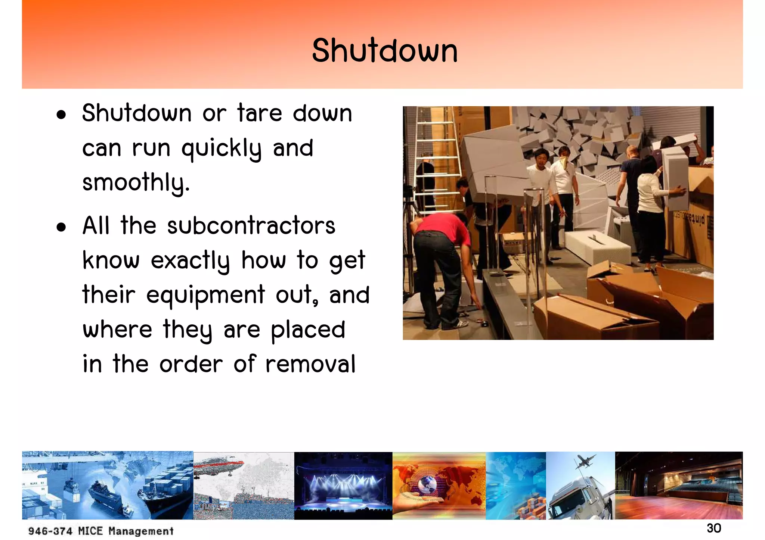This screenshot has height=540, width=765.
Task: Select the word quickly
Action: click(x=222, y=149)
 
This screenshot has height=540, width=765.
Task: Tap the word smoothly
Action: click(x=136, y=183)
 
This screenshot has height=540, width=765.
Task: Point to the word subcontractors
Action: click(x=251, y=226)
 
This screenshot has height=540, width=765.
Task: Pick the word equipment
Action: click(x=205, y=295)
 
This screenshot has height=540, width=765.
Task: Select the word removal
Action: click(x=310, y=364)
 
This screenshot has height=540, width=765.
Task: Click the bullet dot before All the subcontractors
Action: click(x=61, y=227)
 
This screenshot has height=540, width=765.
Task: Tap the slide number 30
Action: click(x=714, y=528)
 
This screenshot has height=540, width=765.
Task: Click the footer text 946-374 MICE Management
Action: click(x=101, y=531)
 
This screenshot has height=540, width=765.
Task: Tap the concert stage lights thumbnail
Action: click(x=343, y=485)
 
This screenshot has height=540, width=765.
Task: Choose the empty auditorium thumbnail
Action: click(x=678, y=485)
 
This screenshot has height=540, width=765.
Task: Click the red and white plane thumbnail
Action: click(x=219, y=466)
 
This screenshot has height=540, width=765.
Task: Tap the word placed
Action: click(x=308, y=330)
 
